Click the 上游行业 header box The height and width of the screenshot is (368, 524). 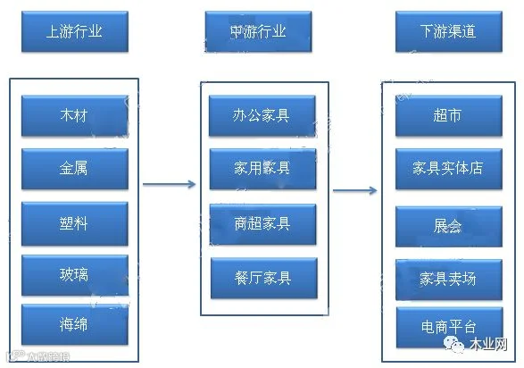tap(75, 31)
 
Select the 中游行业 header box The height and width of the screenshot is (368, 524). tap(258, 31)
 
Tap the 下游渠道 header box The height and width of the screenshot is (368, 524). tap(449, 31)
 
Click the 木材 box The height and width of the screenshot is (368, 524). tap(75, 115)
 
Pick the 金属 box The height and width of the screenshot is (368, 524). tap(75, 169)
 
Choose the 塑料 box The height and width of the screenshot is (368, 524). tap(75, 223)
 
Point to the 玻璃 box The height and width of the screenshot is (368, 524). tap(75, 275)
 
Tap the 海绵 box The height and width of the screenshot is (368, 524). tap(75, 324)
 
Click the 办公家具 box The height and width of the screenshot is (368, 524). tap(262, 115)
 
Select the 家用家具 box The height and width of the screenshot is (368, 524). tap(262, 169)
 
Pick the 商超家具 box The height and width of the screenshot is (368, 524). tap(262, 224)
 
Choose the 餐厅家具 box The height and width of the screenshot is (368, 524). tap(264, 278)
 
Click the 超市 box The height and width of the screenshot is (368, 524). tap(449, 115)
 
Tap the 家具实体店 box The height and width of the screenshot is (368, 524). tap(449, 169)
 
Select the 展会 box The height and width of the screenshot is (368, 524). tap(449, 227)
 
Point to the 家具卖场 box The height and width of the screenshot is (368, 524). tap(449, 280)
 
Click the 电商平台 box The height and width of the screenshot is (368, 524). tap(450, 328)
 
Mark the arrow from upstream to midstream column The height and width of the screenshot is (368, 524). tap(169, 184)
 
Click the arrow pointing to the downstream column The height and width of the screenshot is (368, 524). tap(355, 190)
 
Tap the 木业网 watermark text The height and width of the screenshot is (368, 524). tap(488, 344)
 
